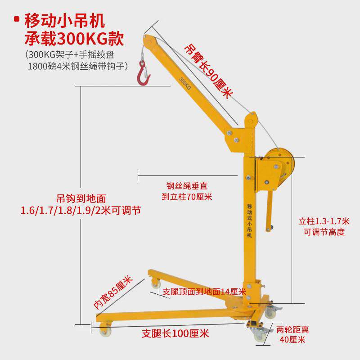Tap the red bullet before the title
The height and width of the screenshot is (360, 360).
(x=17, y=19)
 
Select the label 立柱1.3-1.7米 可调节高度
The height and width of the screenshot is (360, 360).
(x=324, y=227)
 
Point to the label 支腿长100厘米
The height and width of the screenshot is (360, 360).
(x=175, y=334)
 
